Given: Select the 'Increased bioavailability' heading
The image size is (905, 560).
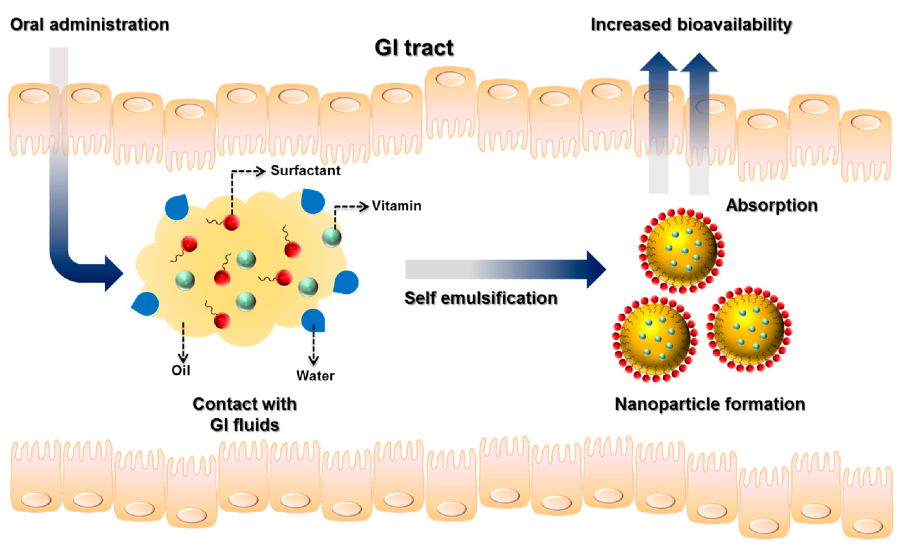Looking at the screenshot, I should [691, 25].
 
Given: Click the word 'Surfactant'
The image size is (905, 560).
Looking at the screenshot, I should [305, 171].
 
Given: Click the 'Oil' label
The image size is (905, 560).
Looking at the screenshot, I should [181, 370].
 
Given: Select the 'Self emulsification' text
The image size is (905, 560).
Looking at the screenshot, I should [481, 298].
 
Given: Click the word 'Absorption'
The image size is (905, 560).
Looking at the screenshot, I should [772, 205].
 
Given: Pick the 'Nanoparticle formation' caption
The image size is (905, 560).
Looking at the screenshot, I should [710, 404].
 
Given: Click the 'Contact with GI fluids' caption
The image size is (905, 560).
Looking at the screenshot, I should [244, 414].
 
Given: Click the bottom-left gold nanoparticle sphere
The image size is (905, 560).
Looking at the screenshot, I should [655, 338].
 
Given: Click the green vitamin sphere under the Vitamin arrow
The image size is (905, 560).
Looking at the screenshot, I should [332, 237].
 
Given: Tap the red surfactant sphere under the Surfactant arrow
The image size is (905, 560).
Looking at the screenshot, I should [232, 222].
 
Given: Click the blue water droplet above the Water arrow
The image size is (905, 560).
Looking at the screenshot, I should [313, 320].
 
